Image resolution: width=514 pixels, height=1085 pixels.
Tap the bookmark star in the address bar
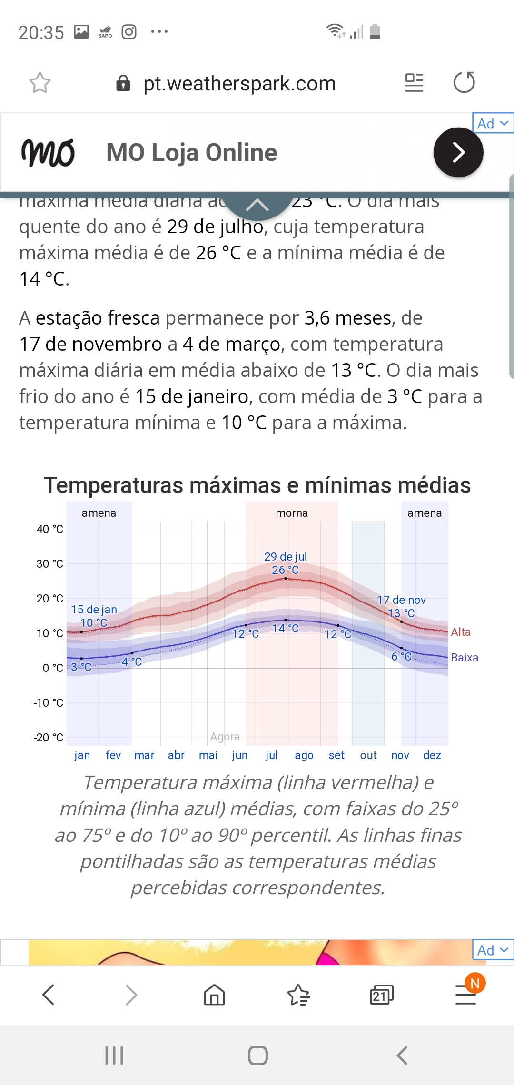pos(40,83)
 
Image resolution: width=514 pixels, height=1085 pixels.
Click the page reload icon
pos(464,82)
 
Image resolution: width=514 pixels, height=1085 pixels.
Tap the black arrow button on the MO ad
pos(458,152)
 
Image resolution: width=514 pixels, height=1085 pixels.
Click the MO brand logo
pos(48,153)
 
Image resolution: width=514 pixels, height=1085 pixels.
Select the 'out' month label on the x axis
pos(368,755)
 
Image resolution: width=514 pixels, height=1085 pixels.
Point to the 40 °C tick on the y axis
pos(50,529)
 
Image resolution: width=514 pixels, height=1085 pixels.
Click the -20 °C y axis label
pos(48,738)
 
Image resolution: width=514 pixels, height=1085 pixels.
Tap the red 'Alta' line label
pos(461,632)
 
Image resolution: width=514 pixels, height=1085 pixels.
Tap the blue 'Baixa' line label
pos(465,658)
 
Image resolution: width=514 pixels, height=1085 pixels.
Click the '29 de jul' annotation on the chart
pos(286,557)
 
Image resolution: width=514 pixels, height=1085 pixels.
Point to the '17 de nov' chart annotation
pos(401,600)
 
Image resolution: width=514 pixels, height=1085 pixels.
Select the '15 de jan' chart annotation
pos(94,610)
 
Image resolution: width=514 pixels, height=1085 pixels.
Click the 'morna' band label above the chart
pos(292,513)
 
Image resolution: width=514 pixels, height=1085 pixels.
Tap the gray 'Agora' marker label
pos(225,737)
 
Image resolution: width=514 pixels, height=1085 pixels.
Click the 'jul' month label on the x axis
pos(272,755)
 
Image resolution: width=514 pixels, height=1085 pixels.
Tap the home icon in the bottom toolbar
pos(214,995)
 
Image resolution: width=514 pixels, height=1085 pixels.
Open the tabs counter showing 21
pos(381,995)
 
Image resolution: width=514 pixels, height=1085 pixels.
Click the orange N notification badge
pos(475,983)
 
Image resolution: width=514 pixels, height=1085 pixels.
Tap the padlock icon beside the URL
pos(123,83)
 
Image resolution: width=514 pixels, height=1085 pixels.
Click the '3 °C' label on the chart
pos(81,667)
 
